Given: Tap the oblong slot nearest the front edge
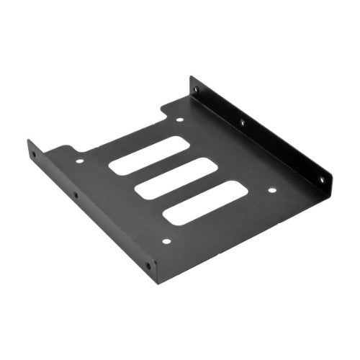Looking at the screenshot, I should (x=203, y=202).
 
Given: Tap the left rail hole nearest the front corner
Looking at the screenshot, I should (x=148, y=266).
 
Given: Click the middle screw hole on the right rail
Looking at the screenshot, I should (x=242, y=123).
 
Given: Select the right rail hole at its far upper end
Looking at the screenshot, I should (x=196, y=89).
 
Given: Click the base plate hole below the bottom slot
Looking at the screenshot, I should (x=166, y=241).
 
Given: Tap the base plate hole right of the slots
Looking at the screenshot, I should (x=272, y=190).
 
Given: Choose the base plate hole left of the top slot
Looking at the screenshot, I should (x=79, y=161).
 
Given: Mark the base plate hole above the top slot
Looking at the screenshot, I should (x=180, y=120).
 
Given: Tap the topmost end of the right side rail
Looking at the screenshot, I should (x=192, y=78).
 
